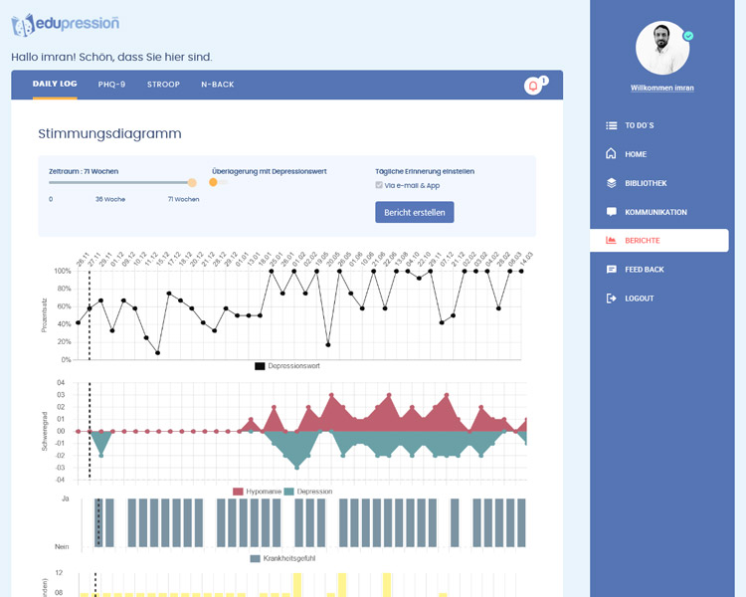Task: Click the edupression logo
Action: tap(66, 23)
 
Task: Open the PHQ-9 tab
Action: tap(111, 85)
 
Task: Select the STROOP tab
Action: tap(163, 85)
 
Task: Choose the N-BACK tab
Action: tap(217, 85)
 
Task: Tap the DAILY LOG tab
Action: tap(55, 85)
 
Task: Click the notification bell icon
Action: tap(533, 87)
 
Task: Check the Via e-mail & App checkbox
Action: tap(379, 185)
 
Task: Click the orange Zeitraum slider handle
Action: tap(192, 182)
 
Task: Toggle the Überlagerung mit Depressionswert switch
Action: tap(218, 182)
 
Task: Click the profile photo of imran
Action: tap(662, 48)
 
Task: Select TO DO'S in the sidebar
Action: tap(639, 125)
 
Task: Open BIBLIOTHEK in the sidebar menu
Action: tap(646, 183)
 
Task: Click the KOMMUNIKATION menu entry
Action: tap(655, 212)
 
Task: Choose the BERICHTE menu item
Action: tap(642, 241)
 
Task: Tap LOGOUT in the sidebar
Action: tap(639, 298)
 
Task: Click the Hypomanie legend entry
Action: tap(257, 492)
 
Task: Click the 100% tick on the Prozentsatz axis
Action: tap(62, 271)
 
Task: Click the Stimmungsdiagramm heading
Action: tap(109, 133)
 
